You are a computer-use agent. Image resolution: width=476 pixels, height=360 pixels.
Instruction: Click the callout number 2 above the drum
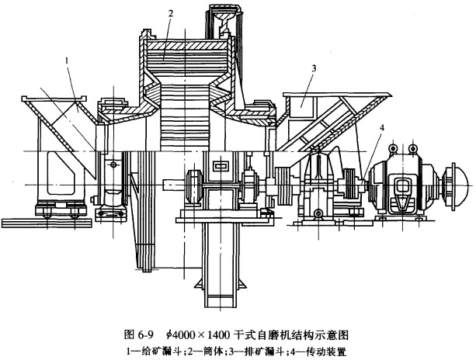[x=170, y=13]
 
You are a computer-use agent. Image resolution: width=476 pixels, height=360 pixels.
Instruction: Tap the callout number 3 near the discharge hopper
[x=313, y=68]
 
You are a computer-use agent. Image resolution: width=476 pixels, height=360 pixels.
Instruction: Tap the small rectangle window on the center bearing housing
[x=219, y=165]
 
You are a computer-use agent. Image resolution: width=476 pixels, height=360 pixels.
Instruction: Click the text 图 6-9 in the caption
[x=141, y=334]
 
